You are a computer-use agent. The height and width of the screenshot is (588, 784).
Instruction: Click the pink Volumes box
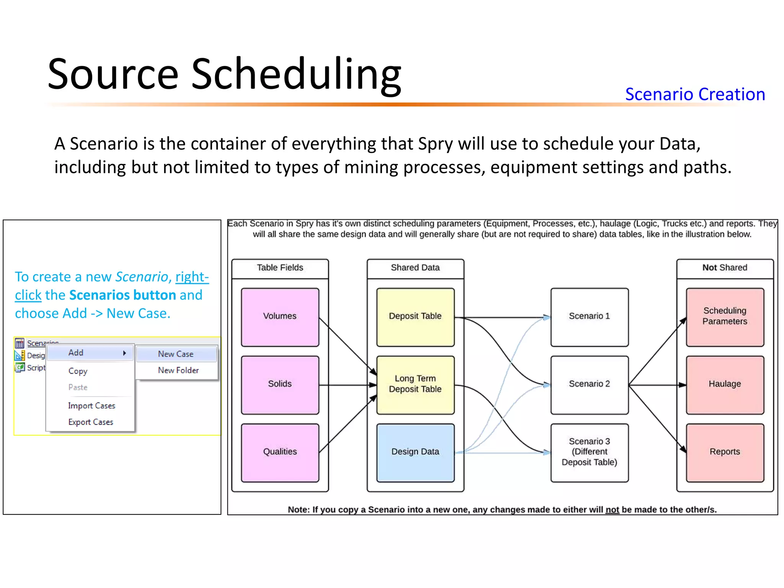click(280, 317)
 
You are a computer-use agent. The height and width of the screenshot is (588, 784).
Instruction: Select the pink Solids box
click(280, 385)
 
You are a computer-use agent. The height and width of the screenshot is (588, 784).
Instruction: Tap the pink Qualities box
click(280, 452)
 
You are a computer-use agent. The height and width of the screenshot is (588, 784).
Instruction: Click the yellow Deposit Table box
click(415, 317)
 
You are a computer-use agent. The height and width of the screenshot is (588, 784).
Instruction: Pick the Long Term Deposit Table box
click(415, 385)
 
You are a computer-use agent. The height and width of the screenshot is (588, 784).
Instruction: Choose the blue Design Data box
click(415, 452)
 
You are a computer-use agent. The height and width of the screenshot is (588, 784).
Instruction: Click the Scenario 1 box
click(589, 317)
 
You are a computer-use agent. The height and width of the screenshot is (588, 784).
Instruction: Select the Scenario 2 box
click(589, 385)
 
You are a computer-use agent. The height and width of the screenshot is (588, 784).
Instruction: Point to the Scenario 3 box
click(589, 452)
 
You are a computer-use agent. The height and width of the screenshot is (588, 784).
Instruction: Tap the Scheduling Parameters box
click(725, 317)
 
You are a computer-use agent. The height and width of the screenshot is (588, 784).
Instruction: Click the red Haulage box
click(725, 385)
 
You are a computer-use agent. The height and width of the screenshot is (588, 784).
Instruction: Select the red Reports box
click(725, 452)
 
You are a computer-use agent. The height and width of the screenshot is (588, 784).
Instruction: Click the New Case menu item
click(176, 354)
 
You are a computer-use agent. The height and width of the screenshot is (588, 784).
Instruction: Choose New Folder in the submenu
click(178, 371)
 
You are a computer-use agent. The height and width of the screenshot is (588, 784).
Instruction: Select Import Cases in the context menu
click(91, 406)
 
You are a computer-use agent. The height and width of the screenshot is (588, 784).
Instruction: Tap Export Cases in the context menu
click(91, 422)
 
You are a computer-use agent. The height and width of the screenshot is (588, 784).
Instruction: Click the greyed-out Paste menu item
click(78, 387)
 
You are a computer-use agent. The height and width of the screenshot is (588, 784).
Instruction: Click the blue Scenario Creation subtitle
click(695, 94)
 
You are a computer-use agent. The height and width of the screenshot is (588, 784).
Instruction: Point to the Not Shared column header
click(725, 268)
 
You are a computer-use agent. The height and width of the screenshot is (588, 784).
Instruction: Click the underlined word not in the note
click(612, 510)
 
